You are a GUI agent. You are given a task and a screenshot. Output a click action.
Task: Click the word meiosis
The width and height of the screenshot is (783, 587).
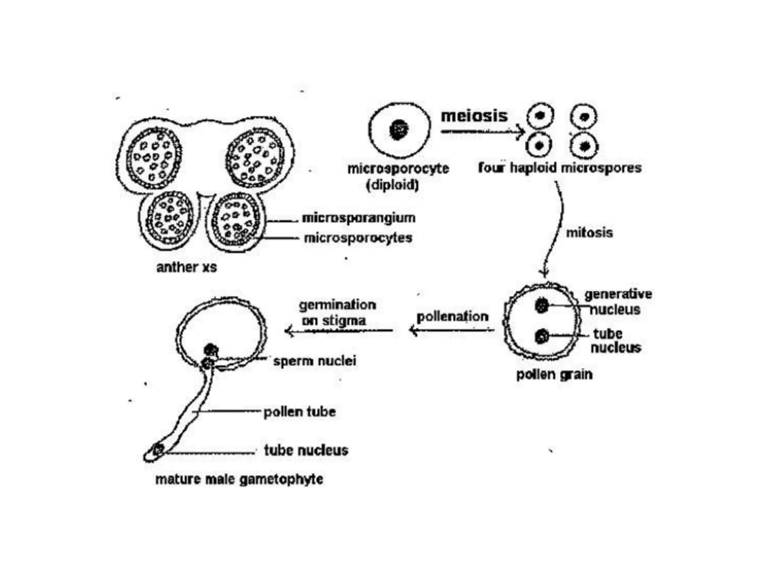coord(474,116)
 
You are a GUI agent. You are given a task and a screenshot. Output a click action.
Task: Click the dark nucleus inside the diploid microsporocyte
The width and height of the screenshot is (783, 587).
coord(398,130)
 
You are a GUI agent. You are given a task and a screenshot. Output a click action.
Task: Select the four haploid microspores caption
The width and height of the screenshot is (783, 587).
coord(560,168)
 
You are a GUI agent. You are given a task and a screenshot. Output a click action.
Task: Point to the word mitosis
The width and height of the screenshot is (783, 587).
coord(589,233)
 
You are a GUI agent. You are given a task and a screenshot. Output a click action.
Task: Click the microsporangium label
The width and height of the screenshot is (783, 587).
coord(358,218)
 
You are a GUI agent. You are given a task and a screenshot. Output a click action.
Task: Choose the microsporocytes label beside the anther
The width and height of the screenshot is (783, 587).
coord(358,238)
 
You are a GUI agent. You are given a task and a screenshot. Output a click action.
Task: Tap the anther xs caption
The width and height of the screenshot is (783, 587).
coord(186,267)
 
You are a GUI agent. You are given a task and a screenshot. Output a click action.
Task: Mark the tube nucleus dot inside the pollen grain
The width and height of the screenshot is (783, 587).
coord(541,336)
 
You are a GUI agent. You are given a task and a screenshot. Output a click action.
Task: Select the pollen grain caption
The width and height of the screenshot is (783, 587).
coord(554,375)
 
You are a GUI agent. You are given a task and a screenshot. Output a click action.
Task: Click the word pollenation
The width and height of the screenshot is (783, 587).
coord(452,317)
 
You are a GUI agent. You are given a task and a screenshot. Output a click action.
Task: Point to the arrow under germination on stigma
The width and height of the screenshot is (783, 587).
coord(339,331)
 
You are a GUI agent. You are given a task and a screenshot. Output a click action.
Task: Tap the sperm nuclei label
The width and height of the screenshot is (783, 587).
coord(314,361)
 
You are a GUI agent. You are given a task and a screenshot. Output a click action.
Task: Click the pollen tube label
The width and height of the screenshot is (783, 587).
coord(299,412)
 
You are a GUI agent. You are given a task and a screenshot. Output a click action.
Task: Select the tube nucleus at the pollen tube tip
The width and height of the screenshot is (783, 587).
coord(158,449)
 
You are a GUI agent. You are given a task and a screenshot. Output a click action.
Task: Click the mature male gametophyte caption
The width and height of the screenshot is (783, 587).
coord(239,479)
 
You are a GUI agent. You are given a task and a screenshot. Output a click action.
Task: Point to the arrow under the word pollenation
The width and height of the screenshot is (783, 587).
coord(451,330)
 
